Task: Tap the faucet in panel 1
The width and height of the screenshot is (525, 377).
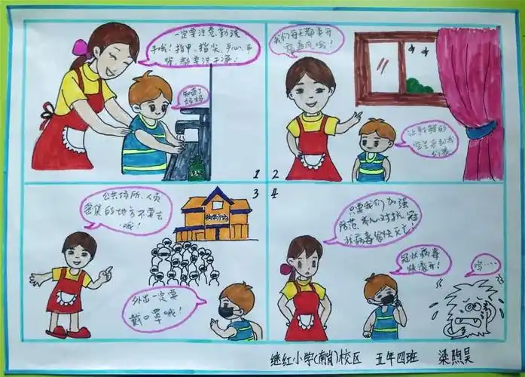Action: pos(197,121)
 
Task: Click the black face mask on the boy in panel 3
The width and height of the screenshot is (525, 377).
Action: pos(228,310)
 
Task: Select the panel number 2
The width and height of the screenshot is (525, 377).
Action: pos(275,174)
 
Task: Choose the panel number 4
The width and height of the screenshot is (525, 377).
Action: pos(275,194)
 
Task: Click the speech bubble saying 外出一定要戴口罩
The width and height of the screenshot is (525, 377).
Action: pos(163,305)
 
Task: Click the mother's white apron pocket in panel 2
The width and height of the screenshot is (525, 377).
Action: pos(311,160)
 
